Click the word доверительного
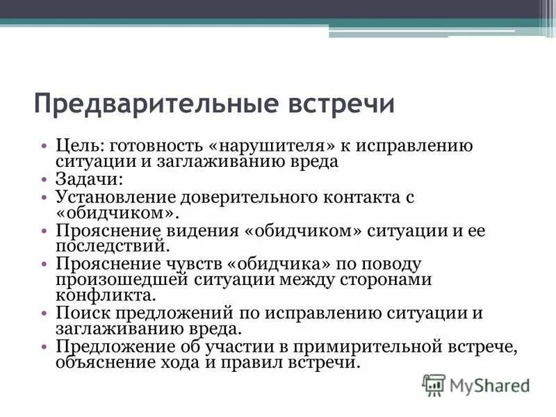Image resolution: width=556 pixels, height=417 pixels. (x=238, y=197)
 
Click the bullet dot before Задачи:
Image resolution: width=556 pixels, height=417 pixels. (x=44, y=180)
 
